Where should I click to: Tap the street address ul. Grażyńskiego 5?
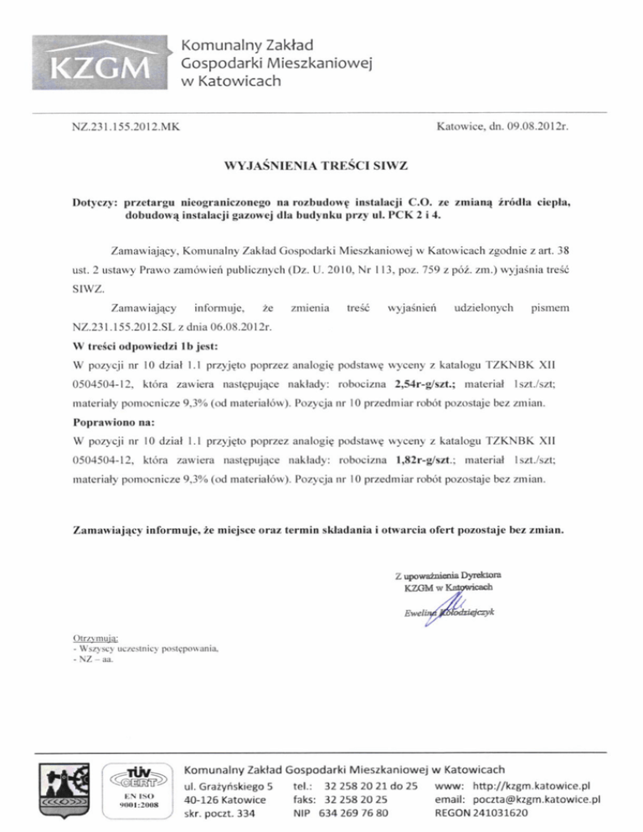click(x=229, y=785)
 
